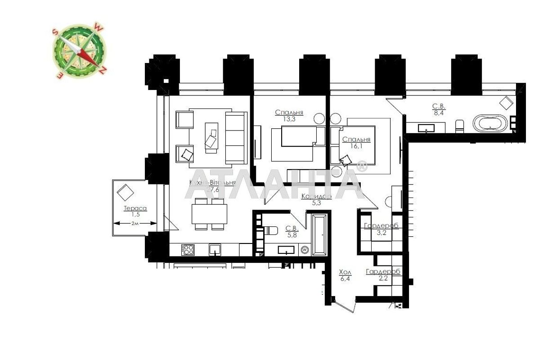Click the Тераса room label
pyautogui.click(x=135, y=208)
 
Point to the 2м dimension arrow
pyautogui.click(x=135, y=223)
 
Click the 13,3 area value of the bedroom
pyautogui.click(x=289, y=119)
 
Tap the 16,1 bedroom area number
pyautogui.click(x=356, y=146)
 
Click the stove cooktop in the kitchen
pyautogui.click(x=188, y=249)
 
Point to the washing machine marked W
pyautogui.click(x=305, y=249)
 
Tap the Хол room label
pyautogui.click(x=345, y=273)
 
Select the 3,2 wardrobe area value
pyautogui.click(x=381, y=233)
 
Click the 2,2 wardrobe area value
pyautogui.click(x=383, y=279)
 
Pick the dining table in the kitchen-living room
pyautogui.click(x=209, y=214)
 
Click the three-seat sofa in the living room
pyautogui.click(x=235, y=137)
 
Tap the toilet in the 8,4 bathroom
pyautogui.click(x=459, y=126)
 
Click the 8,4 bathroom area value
pyautogui.click(x=439, y=113)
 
